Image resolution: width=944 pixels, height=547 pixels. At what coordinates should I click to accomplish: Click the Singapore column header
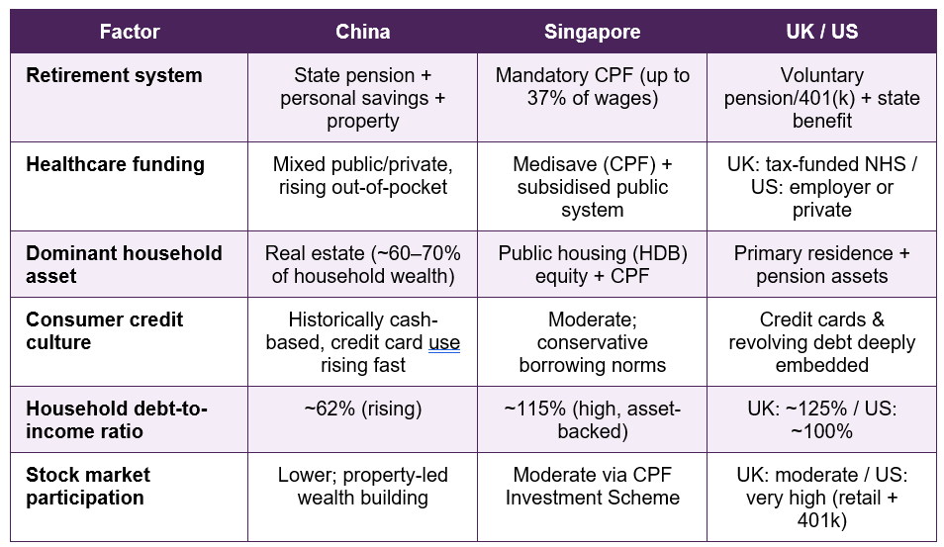click(x=593, y=32)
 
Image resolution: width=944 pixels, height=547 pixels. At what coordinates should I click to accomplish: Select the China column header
click(x=362, y=32)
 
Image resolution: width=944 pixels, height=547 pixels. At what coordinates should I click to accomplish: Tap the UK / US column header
click(x=821, y=32)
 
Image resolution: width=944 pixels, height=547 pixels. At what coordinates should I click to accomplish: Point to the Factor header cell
click(x=130, y=32)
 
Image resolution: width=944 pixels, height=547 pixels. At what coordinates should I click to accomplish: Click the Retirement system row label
click(x=114, y=75)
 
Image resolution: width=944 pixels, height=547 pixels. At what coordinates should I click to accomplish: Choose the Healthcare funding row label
click(x=115, y=164)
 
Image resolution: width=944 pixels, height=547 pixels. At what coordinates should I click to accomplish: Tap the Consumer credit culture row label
click(x=104, y=330)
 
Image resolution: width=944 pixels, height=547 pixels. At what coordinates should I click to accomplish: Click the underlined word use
click(x=444, y=342)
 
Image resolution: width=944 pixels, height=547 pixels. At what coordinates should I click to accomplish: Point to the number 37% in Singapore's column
click(x=546, y=98)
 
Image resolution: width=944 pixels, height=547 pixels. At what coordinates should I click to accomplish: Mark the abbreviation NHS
click(x=885, y=164)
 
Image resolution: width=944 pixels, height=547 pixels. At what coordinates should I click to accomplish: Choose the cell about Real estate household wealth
click(x=362, y=264)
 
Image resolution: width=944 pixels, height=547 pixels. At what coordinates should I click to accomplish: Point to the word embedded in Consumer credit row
click(x=821, y=365)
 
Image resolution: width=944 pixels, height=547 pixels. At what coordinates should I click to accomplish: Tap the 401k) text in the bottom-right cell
click(x=821, y=520)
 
